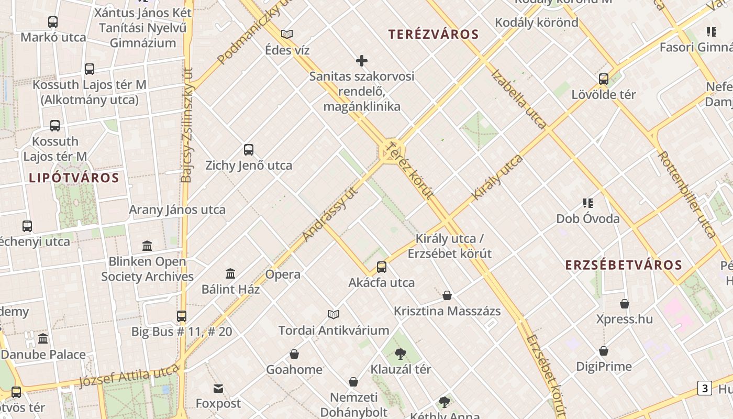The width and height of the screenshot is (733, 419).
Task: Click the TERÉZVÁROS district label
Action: [x=434, y=35]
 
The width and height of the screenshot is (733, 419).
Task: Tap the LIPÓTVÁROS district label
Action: [x=74, y=178]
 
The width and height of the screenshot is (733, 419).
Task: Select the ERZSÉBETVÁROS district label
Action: [x=624, y=265]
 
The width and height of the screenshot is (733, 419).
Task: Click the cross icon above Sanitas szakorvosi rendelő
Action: [x=362, y=61]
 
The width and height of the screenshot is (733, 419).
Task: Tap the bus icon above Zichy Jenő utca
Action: [x=249, y=150]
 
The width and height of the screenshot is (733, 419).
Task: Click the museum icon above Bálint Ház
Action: [x=230, y=273]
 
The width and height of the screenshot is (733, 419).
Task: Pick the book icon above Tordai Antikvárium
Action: [x=334, y=314]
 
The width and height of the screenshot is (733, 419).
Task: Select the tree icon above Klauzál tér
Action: [x=401, y=354]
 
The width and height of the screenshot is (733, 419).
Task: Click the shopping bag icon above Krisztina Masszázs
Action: [x=447, y=295]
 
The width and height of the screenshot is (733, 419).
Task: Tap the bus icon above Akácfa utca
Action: [x=382, y=267]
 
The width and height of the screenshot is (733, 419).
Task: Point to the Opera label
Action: [x=283, y=274]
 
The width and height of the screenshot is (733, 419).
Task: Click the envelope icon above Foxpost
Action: [x=218, y=388]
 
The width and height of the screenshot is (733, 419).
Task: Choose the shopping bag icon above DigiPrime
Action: [x=604, y=351]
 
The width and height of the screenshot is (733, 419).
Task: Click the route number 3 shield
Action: [x=705, y=388]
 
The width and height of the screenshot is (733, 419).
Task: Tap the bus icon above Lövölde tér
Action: [x=604, y=79]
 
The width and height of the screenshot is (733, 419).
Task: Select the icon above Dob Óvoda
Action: [x=587, y=203]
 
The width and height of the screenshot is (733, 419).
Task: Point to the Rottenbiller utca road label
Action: [x=686, y=194]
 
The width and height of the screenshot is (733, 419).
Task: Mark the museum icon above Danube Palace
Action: [x=43, y=338]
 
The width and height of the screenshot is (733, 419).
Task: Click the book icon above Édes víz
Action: [x=287, y=35]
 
